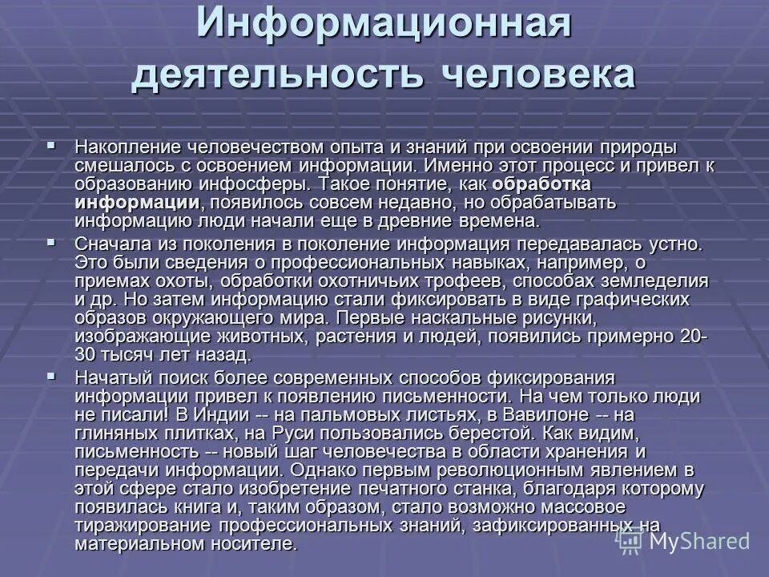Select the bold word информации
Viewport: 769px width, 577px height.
tap(137, 202)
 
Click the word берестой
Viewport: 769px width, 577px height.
tap(434, 434)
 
